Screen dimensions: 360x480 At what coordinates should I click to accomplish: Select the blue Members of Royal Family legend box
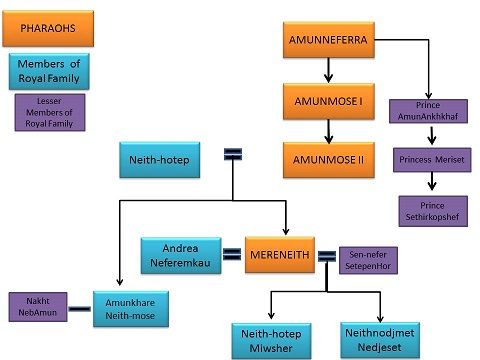(48, 71)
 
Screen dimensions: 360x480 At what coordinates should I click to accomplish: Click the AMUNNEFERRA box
(326, 40)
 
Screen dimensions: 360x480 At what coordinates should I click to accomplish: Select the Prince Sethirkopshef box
(433, 210)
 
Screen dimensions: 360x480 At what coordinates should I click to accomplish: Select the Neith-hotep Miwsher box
(273, 339)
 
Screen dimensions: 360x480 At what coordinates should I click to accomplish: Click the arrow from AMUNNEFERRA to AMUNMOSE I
(327, 71)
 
